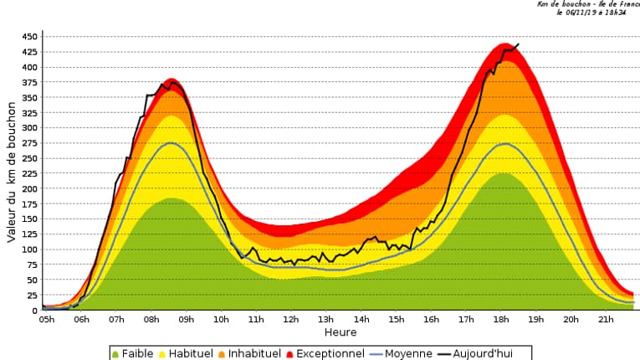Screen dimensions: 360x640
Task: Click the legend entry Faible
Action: (x=133, y=353)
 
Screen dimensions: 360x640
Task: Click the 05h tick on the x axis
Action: (x=46, y=319)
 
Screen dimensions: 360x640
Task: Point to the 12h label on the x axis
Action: (x=291, y=319)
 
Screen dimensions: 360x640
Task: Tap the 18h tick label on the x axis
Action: (x=502, y=319)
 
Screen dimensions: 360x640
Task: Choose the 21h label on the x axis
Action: (x=607, y=319)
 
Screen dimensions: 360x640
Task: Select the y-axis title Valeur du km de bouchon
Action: (x=12, y=172)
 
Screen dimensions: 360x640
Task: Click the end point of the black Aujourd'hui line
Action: (x=519, y=44)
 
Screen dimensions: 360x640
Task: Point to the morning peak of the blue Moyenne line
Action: (x=171, y=143)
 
